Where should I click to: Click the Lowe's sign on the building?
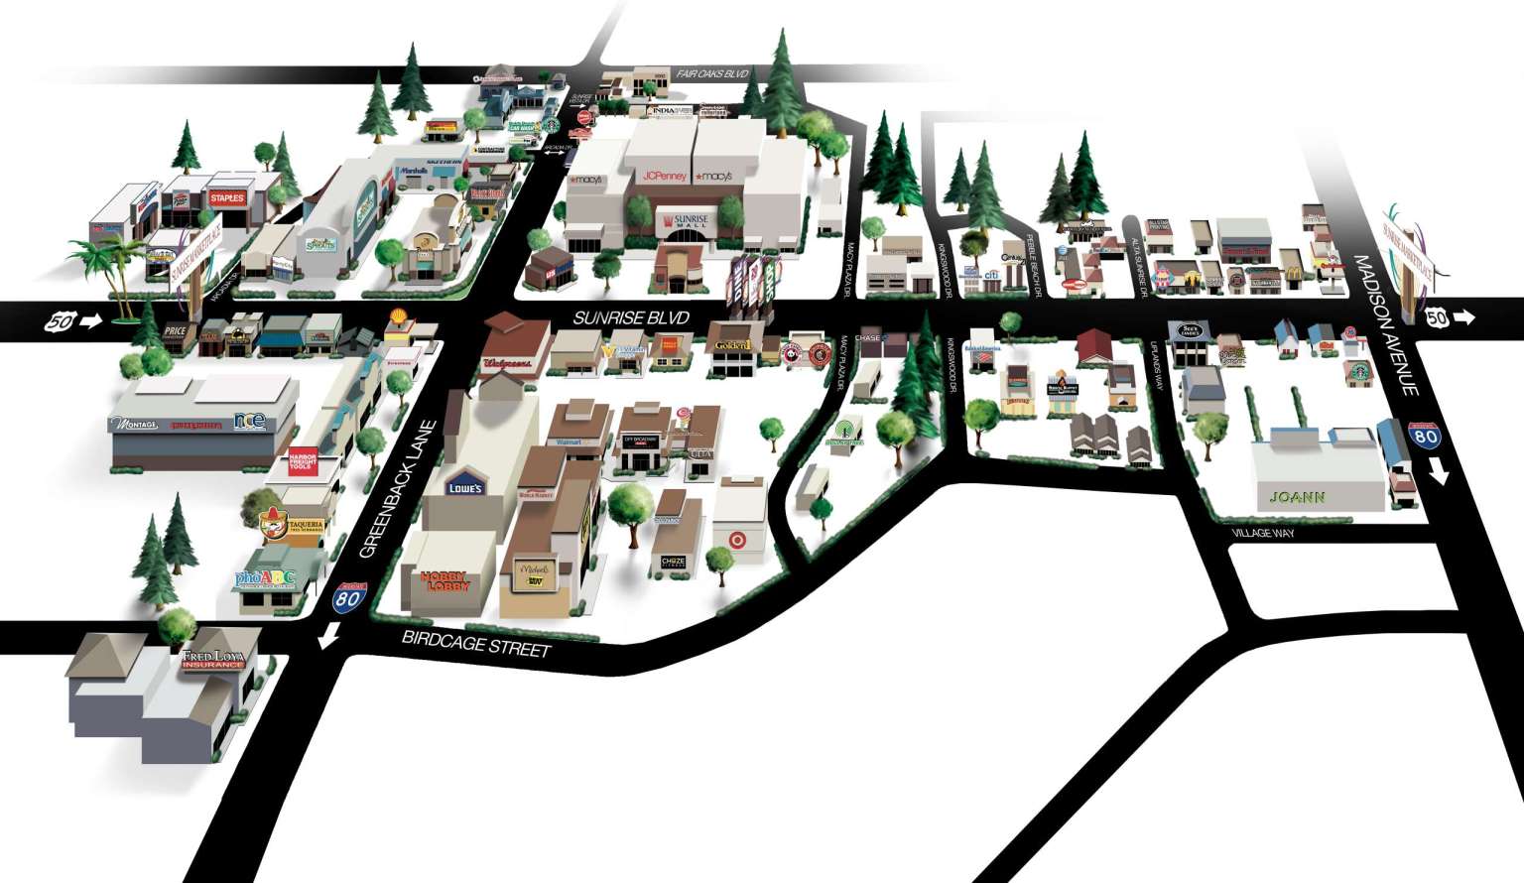click(464, 487)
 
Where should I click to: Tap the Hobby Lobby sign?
click(444, 581)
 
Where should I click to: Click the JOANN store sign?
click(1297, 497)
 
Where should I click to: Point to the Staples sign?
click(226, 198)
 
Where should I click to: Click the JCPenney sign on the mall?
click(665, 176)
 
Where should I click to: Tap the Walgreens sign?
click(507, 364)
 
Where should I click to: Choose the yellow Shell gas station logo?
click(399, 317)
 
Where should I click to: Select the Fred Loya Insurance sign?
click(212, 659)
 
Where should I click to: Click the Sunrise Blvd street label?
click(631, 318)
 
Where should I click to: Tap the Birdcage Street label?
click(475, 643)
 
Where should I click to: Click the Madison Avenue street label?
click(1381, 323)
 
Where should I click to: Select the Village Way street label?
click(1262, 533)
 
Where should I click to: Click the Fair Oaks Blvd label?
click(712, 74)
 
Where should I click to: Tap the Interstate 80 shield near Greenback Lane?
click(347, 598)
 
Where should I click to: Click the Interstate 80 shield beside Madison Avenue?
click(1426, 435)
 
